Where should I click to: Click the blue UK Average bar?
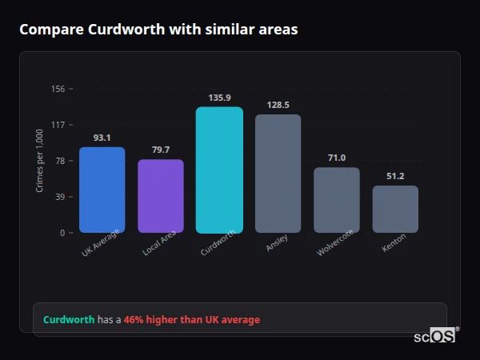click(x=102, y=190)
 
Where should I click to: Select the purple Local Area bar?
click(x=161, y=196)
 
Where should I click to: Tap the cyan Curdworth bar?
click(x=219, y=170)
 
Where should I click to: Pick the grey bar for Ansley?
click(x=278, y=174)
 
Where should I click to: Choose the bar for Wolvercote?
click(x=336, y=200)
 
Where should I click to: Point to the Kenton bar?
click(x=395, y=209)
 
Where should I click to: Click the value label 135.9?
click(x=219, y=98)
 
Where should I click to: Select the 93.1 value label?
click(x=102, y=138)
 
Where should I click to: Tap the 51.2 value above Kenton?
click(x=395, y=176)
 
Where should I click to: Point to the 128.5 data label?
click(x=278, y=105)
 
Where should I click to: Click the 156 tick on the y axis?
click(x=58, y=89)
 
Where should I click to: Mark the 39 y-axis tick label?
click(x=59, y=197)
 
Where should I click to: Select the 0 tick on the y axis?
click(x=62, y=233)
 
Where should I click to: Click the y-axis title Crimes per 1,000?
click(x=39, y=161)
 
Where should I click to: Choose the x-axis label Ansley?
click(x=277, y=242)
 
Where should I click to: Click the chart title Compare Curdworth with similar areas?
click(x=158, y=30)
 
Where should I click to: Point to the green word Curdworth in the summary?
click(x=69, y=320)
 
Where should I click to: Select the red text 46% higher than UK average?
click(x=192, y=320)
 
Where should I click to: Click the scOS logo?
click(x=434, y=337)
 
